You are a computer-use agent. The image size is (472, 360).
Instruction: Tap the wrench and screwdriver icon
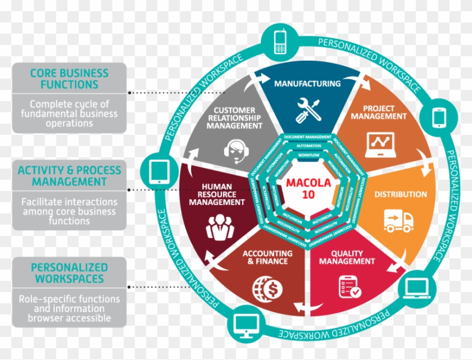pyautogui.click(x=308, y=108)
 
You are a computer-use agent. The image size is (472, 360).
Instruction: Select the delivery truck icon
pyautogui.click(x=398, y=220)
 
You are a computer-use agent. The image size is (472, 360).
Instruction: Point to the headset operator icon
pyautogui.click(x=235, y=150)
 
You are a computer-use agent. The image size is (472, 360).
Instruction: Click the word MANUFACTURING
pyautogui.click(x=307, y=84)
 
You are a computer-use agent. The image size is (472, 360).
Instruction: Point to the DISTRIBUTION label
pyautogui.click(x=401, y=194)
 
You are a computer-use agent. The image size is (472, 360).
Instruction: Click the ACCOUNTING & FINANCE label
pyautogui.click(x=265, y=257)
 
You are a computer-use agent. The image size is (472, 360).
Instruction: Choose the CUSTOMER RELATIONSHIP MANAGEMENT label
pyautogui.click(x=234, y=118)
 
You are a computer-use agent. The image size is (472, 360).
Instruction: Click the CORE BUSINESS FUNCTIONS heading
pyautogui.click(x=69, y=79)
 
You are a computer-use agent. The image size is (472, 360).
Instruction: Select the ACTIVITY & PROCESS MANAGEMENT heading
pyautogui.click(x=69, y=176)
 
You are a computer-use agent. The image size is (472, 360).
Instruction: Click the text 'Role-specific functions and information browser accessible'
pyautogui.click(x=69, y=308)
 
